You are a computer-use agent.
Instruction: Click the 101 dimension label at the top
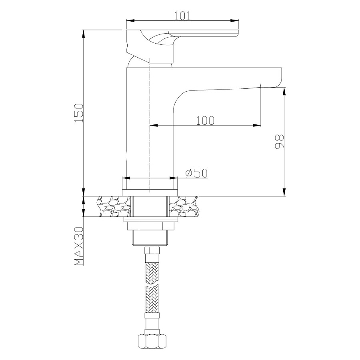click(x=182, y=16)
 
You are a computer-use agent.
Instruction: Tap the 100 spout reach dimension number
click(x=205, y=120)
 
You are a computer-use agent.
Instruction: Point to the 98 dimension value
click(x=279, y=141)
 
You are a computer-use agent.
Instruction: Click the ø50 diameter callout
click(x=196, y=173)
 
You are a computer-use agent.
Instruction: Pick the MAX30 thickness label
click(x=78, y=246)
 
